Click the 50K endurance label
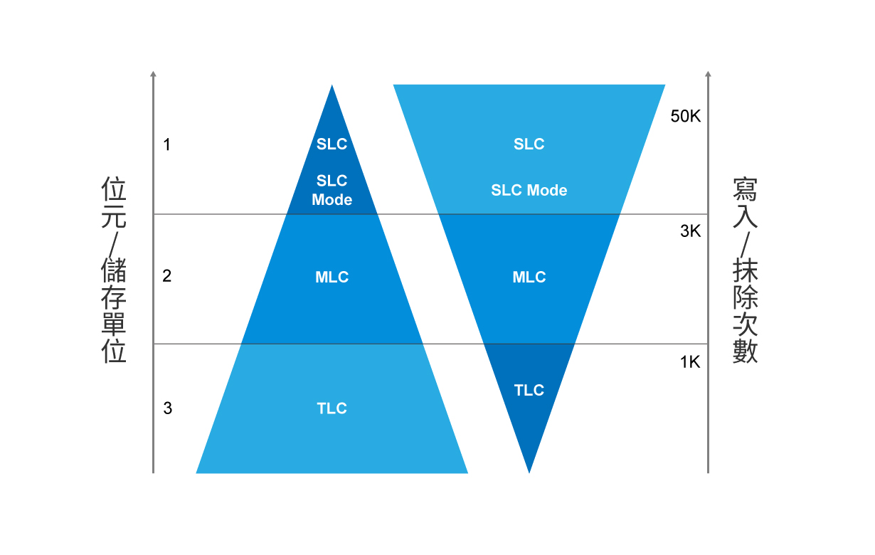point(686,116)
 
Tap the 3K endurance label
point(690,231)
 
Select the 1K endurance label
point(690,362)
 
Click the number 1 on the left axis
point(166,144)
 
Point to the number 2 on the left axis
point(166,276)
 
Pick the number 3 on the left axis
point(168,408)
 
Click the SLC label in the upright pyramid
point(332,144)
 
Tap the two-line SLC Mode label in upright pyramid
point(332,190)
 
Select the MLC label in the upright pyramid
point(332,277)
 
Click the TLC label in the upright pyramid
point(332,408)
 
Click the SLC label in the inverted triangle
point(529,144)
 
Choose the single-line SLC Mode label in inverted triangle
point(529,191)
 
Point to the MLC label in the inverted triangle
point(529,277)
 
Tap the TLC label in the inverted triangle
point(529,390)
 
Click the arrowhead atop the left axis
point(153,74)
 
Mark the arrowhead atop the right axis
point(708,74)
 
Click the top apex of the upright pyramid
point(332,85)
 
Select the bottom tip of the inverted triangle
point(529,473)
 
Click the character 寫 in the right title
point(745,189)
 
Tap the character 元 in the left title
point(114,216)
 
